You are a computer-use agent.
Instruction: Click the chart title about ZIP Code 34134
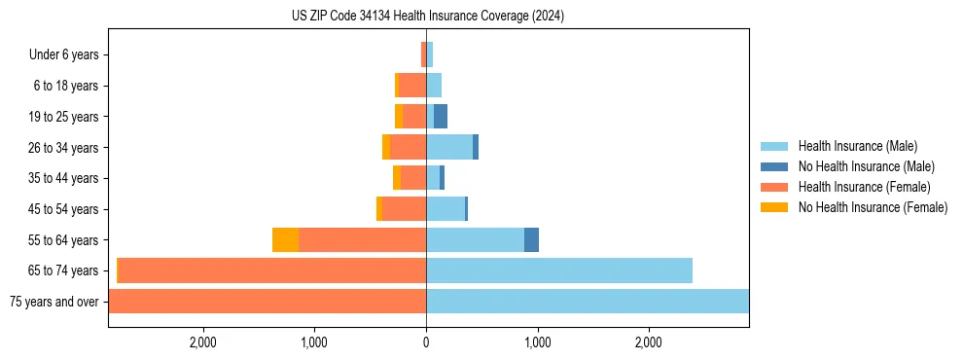tap(427, 17)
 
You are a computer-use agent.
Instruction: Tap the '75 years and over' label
tap(53, 302)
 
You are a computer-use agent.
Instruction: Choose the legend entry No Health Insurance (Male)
tap(866, 166)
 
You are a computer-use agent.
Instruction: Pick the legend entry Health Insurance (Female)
tap(864, 187)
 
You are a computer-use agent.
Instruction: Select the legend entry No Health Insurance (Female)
tap(873, 207)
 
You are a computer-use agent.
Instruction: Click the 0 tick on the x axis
tap(426, 342)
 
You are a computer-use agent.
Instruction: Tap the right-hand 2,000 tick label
tap(649, 342)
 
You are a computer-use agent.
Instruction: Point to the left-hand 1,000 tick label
tap(314, 342)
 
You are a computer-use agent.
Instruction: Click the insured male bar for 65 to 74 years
tap(559, 270)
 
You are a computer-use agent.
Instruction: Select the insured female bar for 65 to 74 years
tap(272, 270)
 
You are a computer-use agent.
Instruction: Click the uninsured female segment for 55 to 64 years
tap(285, 240)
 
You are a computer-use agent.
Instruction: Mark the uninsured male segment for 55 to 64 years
tap(531, 240)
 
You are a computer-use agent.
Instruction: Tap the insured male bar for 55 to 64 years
tap(475, 240)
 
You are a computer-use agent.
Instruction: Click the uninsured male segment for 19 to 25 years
tap(441, 117)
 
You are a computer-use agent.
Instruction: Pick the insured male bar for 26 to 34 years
tap(449, 148)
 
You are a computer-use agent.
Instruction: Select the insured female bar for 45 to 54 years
tap(404, 209)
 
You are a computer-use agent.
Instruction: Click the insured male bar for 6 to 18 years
tap(434, 86)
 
